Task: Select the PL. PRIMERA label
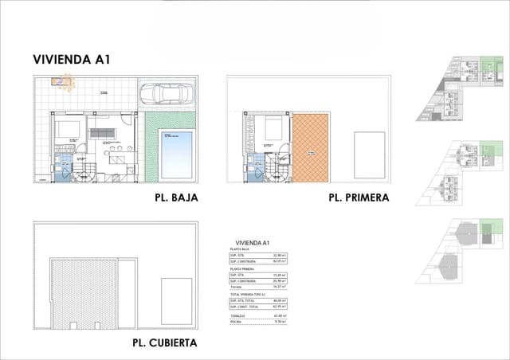359,197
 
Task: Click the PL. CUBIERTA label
166,343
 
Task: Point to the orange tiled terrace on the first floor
311,146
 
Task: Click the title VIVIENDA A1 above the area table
253,242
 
